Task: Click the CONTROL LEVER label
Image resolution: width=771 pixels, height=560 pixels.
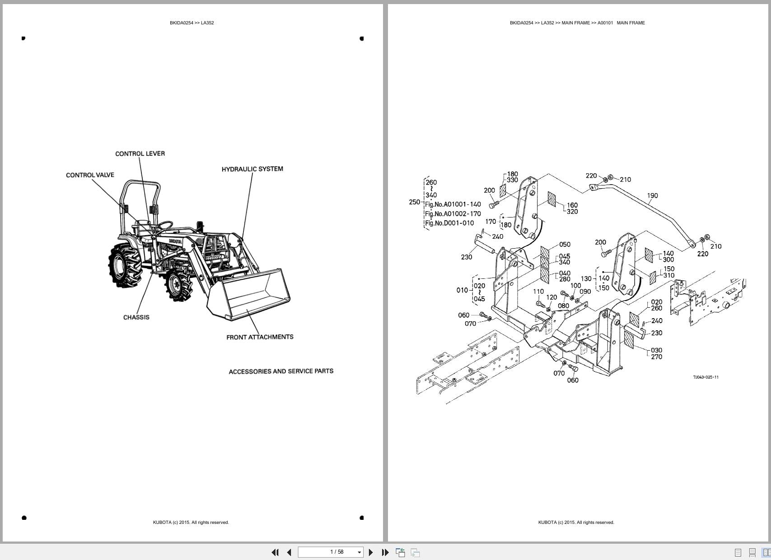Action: point(140,154)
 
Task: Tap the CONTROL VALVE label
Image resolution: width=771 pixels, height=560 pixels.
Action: point(90,175)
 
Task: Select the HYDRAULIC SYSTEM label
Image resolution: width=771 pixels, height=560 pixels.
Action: point(252,169)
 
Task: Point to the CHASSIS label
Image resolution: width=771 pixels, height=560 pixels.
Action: point(136,317)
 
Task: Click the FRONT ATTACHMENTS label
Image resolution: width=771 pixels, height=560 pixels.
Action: point(260,337)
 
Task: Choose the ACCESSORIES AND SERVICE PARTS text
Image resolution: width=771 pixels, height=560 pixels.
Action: point(281,371)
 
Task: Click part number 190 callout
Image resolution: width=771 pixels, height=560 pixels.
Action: point(652,196)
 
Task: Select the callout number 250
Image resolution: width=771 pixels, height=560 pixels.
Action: point(414,202)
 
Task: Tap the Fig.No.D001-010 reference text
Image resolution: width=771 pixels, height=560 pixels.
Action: point(449,223)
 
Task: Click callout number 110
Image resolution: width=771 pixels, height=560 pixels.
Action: point(538,292)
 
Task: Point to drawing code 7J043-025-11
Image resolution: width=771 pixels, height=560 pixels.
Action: point(706,377)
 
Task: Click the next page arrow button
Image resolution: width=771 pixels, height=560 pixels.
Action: point(371,552)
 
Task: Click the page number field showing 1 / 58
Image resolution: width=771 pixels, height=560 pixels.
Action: point(330,552)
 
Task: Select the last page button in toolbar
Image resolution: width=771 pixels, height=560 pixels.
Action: point(385,552)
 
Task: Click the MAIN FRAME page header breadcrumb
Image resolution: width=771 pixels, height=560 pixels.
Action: point(577,23)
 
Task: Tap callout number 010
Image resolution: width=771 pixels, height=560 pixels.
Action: point(462,290)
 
